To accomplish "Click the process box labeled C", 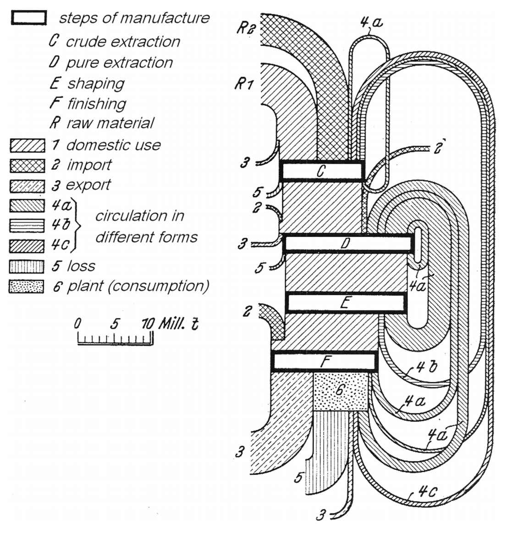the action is click(322, 171).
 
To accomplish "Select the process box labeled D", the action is click(348, 243).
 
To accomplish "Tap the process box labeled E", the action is click(346, 303).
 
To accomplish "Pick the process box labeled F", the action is click(324, 361).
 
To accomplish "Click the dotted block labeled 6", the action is click(341, 391).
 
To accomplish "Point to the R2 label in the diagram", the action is click(246, 28).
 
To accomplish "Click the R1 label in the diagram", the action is click(244, 83).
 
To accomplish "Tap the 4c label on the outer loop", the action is click(428, 491).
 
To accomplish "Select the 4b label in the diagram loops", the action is click(427, 367).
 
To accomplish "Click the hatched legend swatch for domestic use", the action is click(28, 145).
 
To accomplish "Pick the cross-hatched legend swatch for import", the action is click(28, 166).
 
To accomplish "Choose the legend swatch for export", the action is click(28, 186).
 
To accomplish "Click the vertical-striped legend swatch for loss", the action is click(27, 266).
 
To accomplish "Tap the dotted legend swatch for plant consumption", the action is click(27, 287).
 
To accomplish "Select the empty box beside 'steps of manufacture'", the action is click(29, 18).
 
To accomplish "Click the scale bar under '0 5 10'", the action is click(115, 339).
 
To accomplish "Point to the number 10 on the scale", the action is click(148, 324).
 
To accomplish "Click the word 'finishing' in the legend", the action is click(97, 104).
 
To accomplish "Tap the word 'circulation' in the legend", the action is click(139, 216).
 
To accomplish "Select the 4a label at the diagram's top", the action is click(371, 23).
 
